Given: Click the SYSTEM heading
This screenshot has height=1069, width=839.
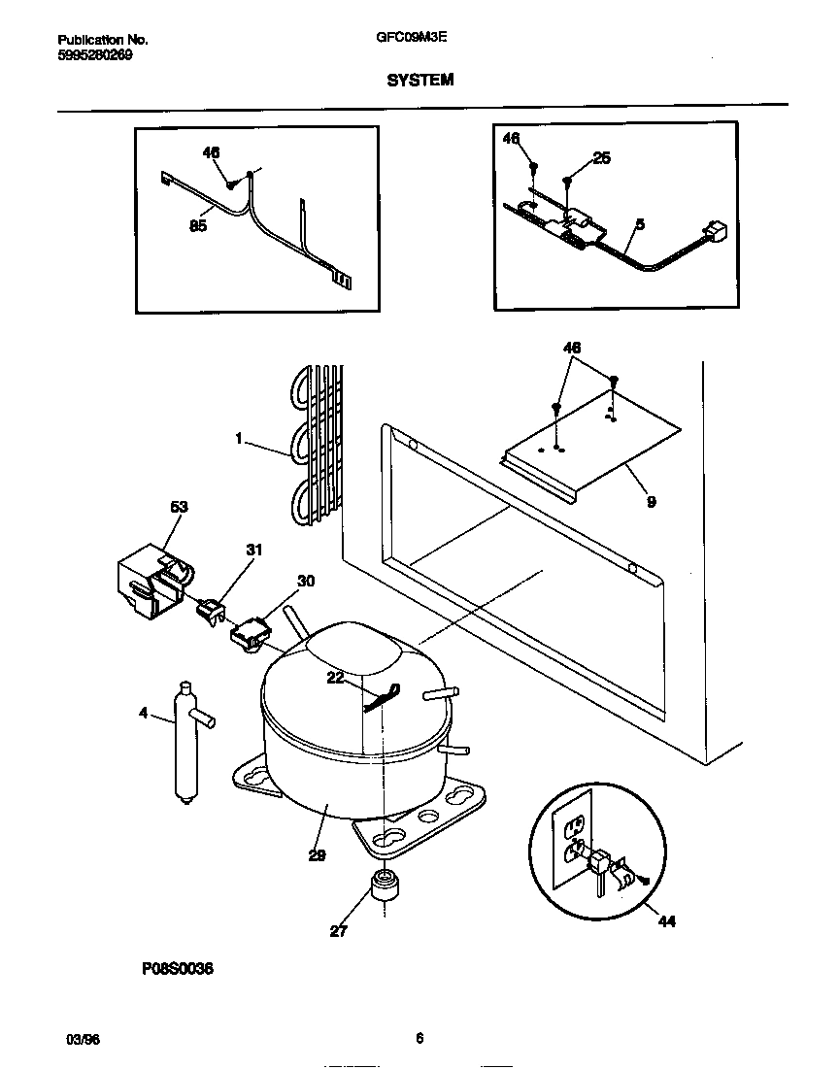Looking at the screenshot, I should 419,81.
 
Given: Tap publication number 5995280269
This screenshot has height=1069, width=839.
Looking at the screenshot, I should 95,55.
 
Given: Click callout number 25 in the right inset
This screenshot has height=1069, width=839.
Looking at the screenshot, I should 601,158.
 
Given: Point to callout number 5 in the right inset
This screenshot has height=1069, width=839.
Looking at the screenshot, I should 639,224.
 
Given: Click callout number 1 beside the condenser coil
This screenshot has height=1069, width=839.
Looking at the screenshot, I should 238,439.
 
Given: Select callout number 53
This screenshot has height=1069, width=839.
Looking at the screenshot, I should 179,507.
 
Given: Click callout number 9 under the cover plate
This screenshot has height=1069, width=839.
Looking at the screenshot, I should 650,502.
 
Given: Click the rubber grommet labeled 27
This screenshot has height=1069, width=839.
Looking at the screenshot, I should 386,887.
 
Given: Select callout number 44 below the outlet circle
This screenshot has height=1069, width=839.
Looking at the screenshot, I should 666,920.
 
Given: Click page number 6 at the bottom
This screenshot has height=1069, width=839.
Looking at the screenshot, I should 419,1038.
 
